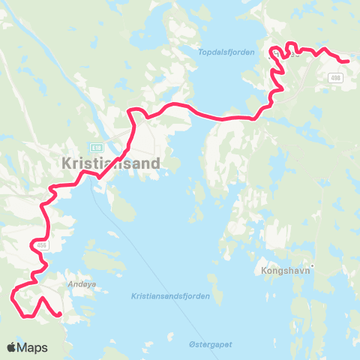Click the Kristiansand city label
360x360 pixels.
coord(112,163)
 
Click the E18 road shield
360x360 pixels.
coord(95,147)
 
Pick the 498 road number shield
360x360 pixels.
coord(334,77)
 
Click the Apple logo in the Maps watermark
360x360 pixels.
coord(12,347)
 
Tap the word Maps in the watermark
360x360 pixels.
coord(33,347)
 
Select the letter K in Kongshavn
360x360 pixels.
coord(264,270)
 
